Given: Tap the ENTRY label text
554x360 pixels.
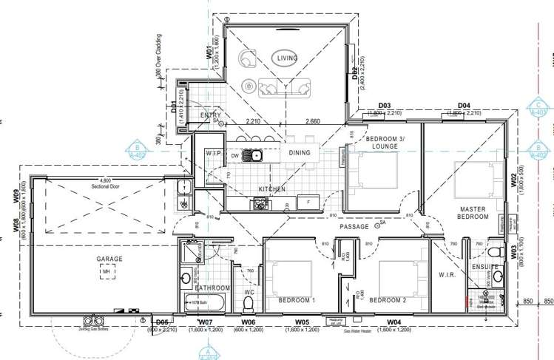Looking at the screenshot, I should point(210,115).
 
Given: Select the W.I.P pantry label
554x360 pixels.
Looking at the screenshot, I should point(214,153).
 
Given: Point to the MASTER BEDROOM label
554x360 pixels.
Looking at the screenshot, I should point(473,214).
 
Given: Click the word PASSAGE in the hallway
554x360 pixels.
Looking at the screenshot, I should point(354,227).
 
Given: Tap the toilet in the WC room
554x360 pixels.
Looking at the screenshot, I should point(249,304).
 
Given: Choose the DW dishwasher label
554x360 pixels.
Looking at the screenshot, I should point(234,156).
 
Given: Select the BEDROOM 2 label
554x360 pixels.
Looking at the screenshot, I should point(388,300).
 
